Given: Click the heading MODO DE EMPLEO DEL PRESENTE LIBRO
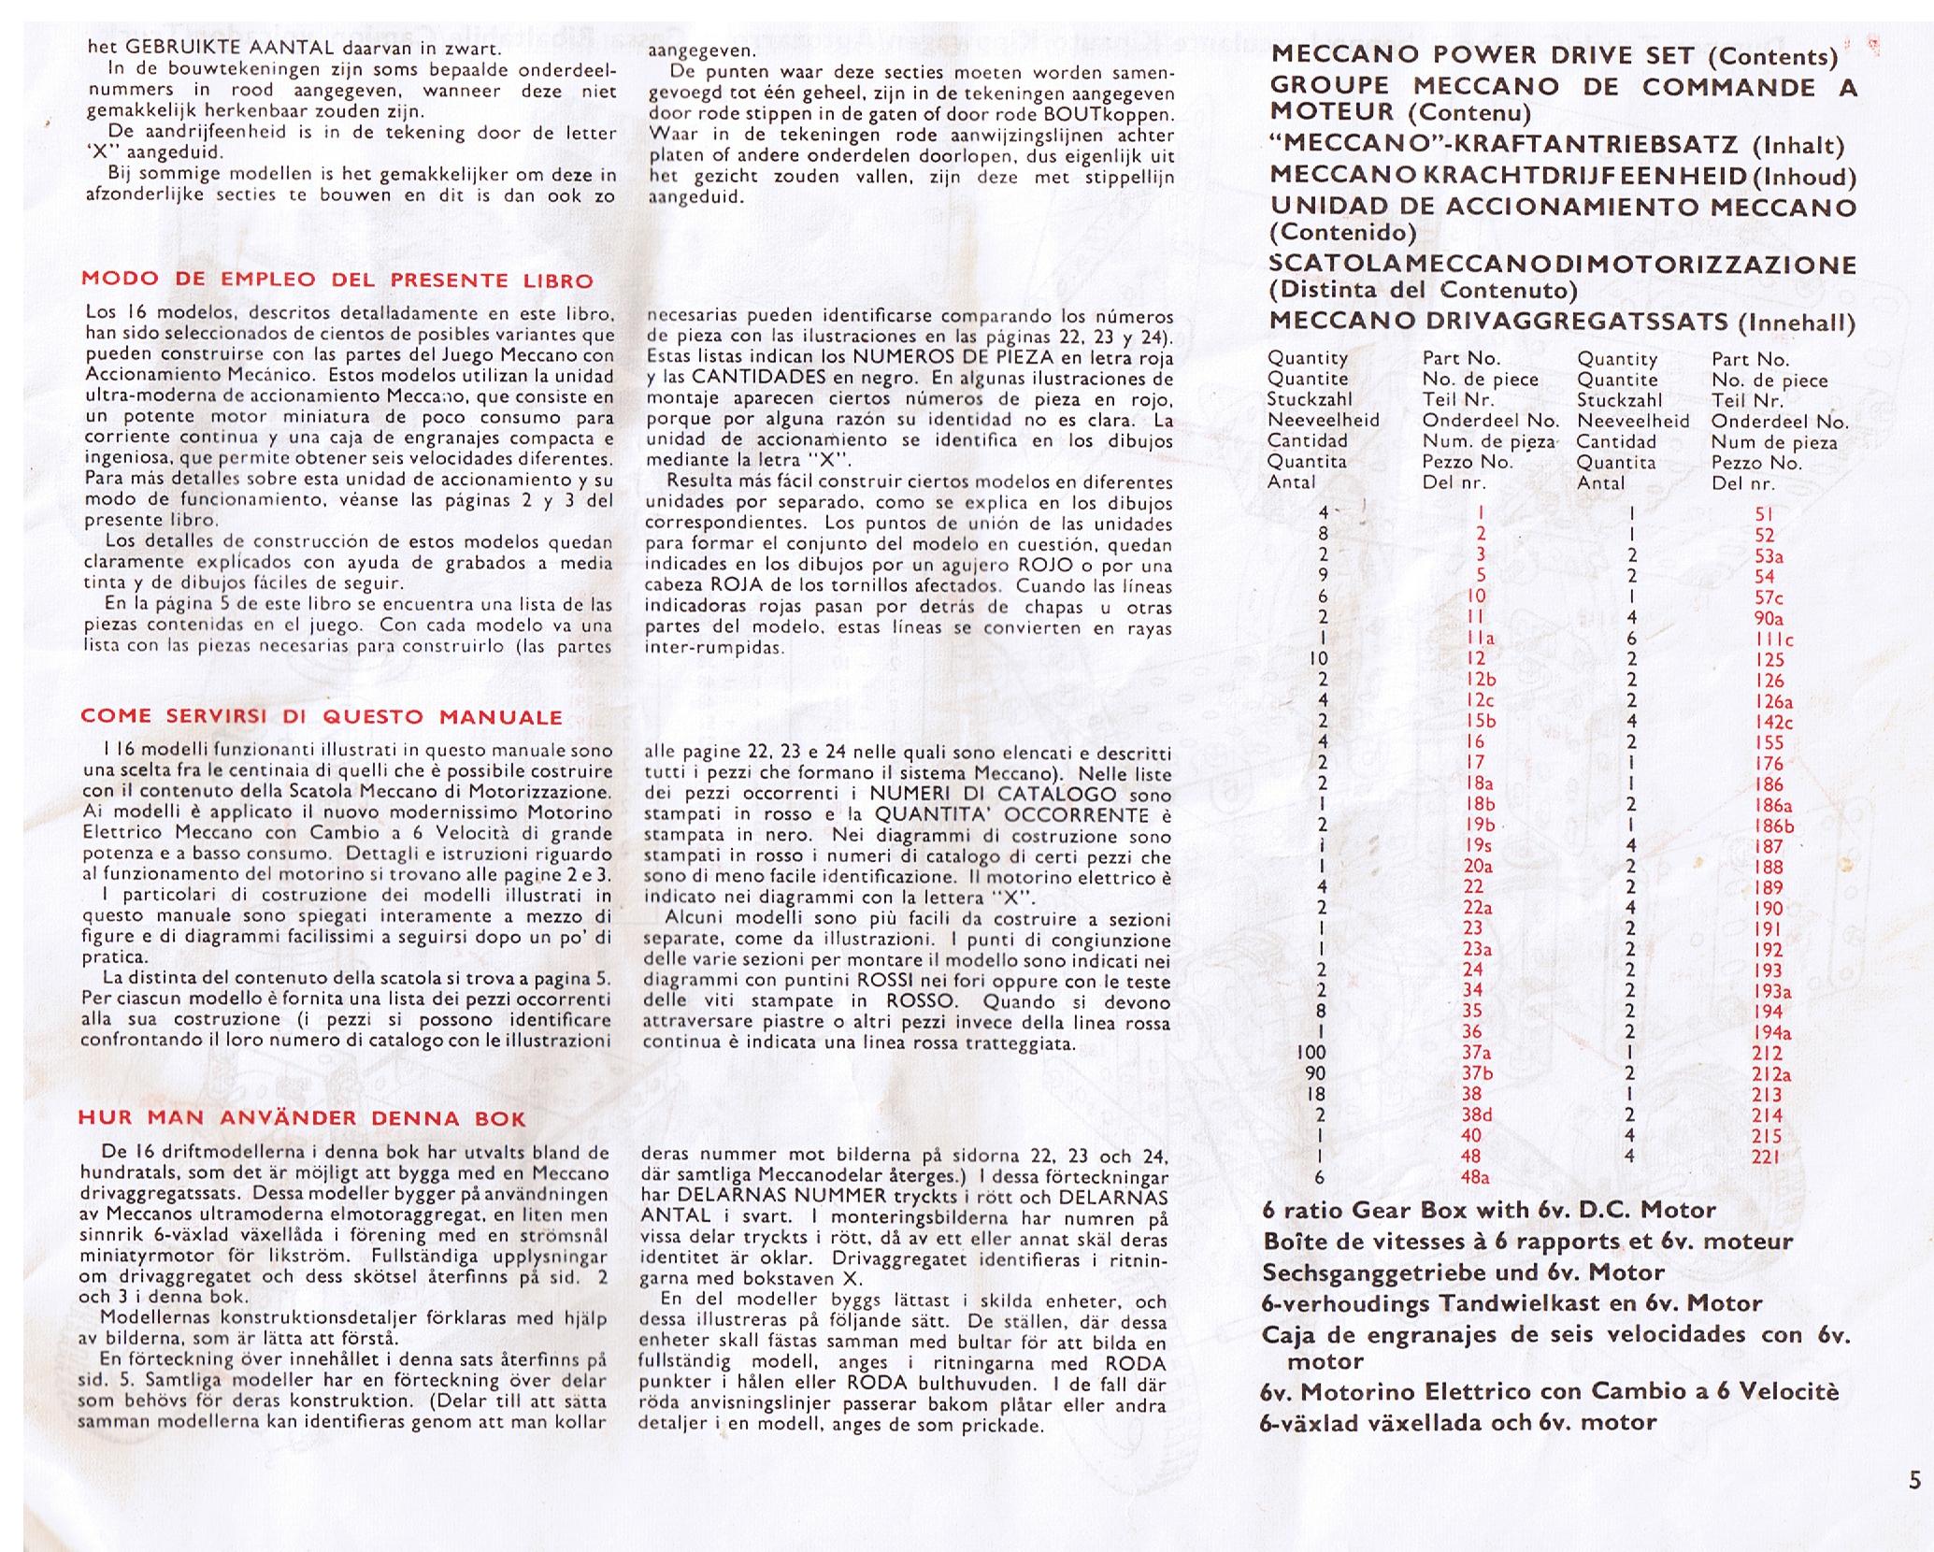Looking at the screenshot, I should tap(337, 280).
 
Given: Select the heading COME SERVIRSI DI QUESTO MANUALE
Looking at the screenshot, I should tap(322, 717).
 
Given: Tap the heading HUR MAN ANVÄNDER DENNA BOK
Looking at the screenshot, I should tap(302, 1118).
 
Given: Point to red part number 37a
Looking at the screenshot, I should tap(1476, 1053).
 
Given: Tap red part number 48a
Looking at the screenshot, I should tap(1476, 1177).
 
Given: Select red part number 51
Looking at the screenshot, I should tap(1765, 513).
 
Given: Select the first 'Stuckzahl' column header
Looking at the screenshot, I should tap(1310, 399).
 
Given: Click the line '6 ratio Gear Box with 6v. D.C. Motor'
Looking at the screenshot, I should tap(1489, 1210).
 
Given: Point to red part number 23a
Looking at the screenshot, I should tap(1476, 949).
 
